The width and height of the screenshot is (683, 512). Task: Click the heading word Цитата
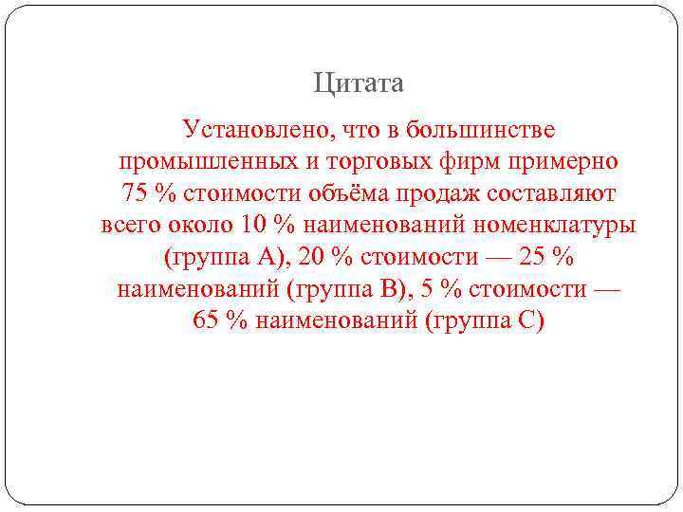coord(359,84)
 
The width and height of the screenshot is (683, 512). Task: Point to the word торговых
coord(375,161)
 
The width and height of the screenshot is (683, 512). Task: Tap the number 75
coord(137,193)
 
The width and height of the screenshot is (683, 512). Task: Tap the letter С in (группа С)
coord(528,320)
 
